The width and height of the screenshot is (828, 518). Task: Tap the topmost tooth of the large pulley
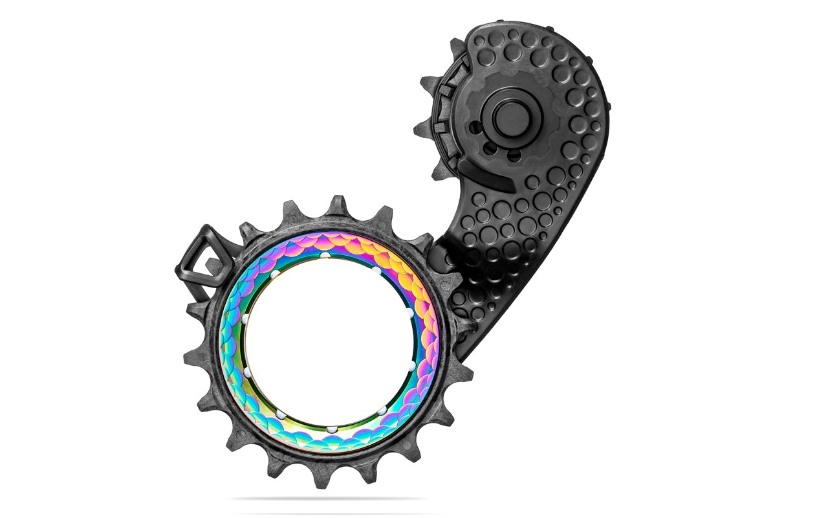[x=337, y=205]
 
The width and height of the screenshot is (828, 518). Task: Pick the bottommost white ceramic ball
[x=331, y=429]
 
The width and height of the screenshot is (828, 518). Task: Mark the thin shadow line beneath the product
[x=330, y=499]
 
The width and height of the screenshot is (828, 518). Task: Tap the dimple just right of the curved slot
[x=532, y=183]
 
